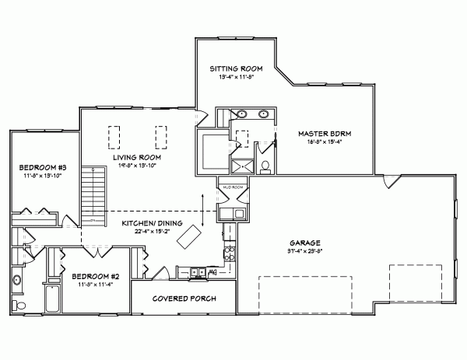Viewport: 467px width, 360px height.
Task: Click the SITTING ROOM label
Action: click(233, 69)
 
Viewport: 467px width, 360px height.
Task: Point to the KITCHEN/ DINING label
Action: click(153, 223)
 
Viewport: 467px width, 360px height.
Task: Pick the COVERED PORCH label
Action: click(184, 299)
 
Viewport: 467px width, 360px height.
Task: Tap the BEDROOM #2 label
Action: click(95, 276)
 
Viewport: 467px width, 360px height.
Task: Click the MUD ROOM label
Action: click(233, 187)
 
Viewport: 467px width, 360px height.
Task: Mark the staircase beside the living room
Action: click(93, 194)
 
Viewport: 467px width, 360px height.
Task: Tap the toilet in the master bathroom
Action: click(265, 166)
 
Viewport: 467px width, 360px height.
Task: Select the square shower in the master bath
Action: click(241, 165)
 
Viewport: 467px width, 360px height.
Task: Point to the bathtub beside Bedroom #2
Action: click(52, 298)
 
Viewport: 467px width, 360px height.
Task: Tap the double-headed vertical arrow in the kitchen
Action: click(205, 208)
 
